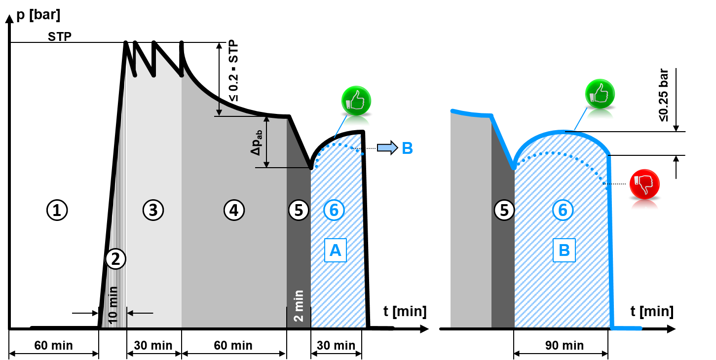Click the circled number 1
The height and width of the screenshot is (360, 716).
point(57,211)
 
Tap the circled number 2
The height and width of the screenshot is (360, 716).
point(115,259)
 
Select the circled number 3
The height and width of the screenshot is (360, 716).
point(153,210)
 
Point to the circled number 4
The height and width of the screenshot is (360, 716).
point(234,210)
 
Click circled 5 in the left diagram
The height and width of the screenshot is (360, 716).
point(299,210)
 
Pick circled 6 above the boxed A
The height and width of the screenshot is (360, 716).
point(334,210)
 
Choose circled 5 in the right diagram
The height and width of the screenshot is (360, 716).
point(504,210)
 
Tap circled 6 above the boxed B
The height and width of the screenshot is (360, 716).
point(563,210)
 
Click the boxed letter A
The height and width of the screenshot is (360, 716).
point(336,251)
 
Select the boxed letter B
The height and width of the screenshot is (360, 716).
point(564,251)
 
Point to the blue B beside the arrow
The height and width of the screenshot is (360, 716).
point(407,148)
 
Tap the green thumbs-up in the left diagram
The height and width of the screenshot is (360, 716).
point(356,101)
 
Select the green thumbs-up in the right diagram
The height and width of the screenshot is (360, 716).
point(600,94)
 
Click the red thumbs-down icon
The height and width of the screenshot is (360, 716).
point(644,184)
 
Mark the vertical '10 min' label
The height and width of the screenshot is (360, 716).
point(113,305)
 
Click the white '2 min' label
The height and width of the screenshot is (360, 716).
point(299,306)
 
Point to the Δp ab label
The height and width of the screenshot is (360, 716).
point(256,143)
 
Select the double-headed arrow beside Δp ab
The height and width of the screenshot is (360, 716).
point(266,142)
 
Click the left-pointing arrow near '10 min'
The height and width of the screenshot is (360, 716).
point(140,313)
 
